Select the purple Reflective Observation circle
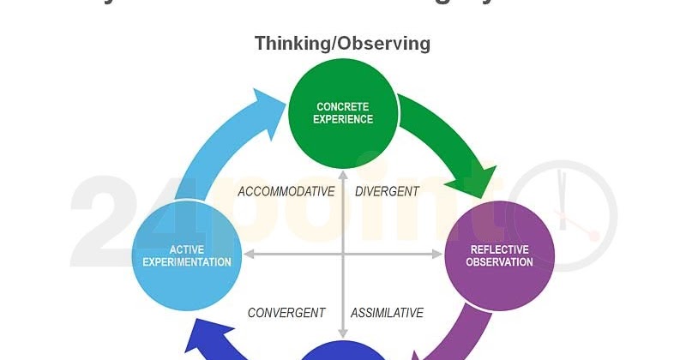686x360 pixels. click(x=499, y=255)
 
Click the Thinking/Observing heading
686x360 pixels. click(x=342, y=43)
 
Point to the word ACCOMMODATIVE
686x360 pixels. click(x=286, y=192)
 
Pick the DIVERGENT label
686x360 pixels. click(x=387, y=192)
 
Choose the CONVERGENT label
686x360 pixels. click(x=286, y=313)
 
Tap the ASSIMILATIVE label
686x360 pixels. click(x=387, y=313)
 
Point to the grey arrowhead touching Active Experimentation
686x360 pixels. click(x=249, y=255)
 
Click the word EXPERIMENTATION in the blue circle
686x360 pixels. click(x=187, y=262)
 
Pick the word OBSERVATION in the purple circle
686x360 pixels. click(x=499, y=262)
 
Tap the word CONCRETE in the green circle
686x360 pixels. click(x=343, y=107)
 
